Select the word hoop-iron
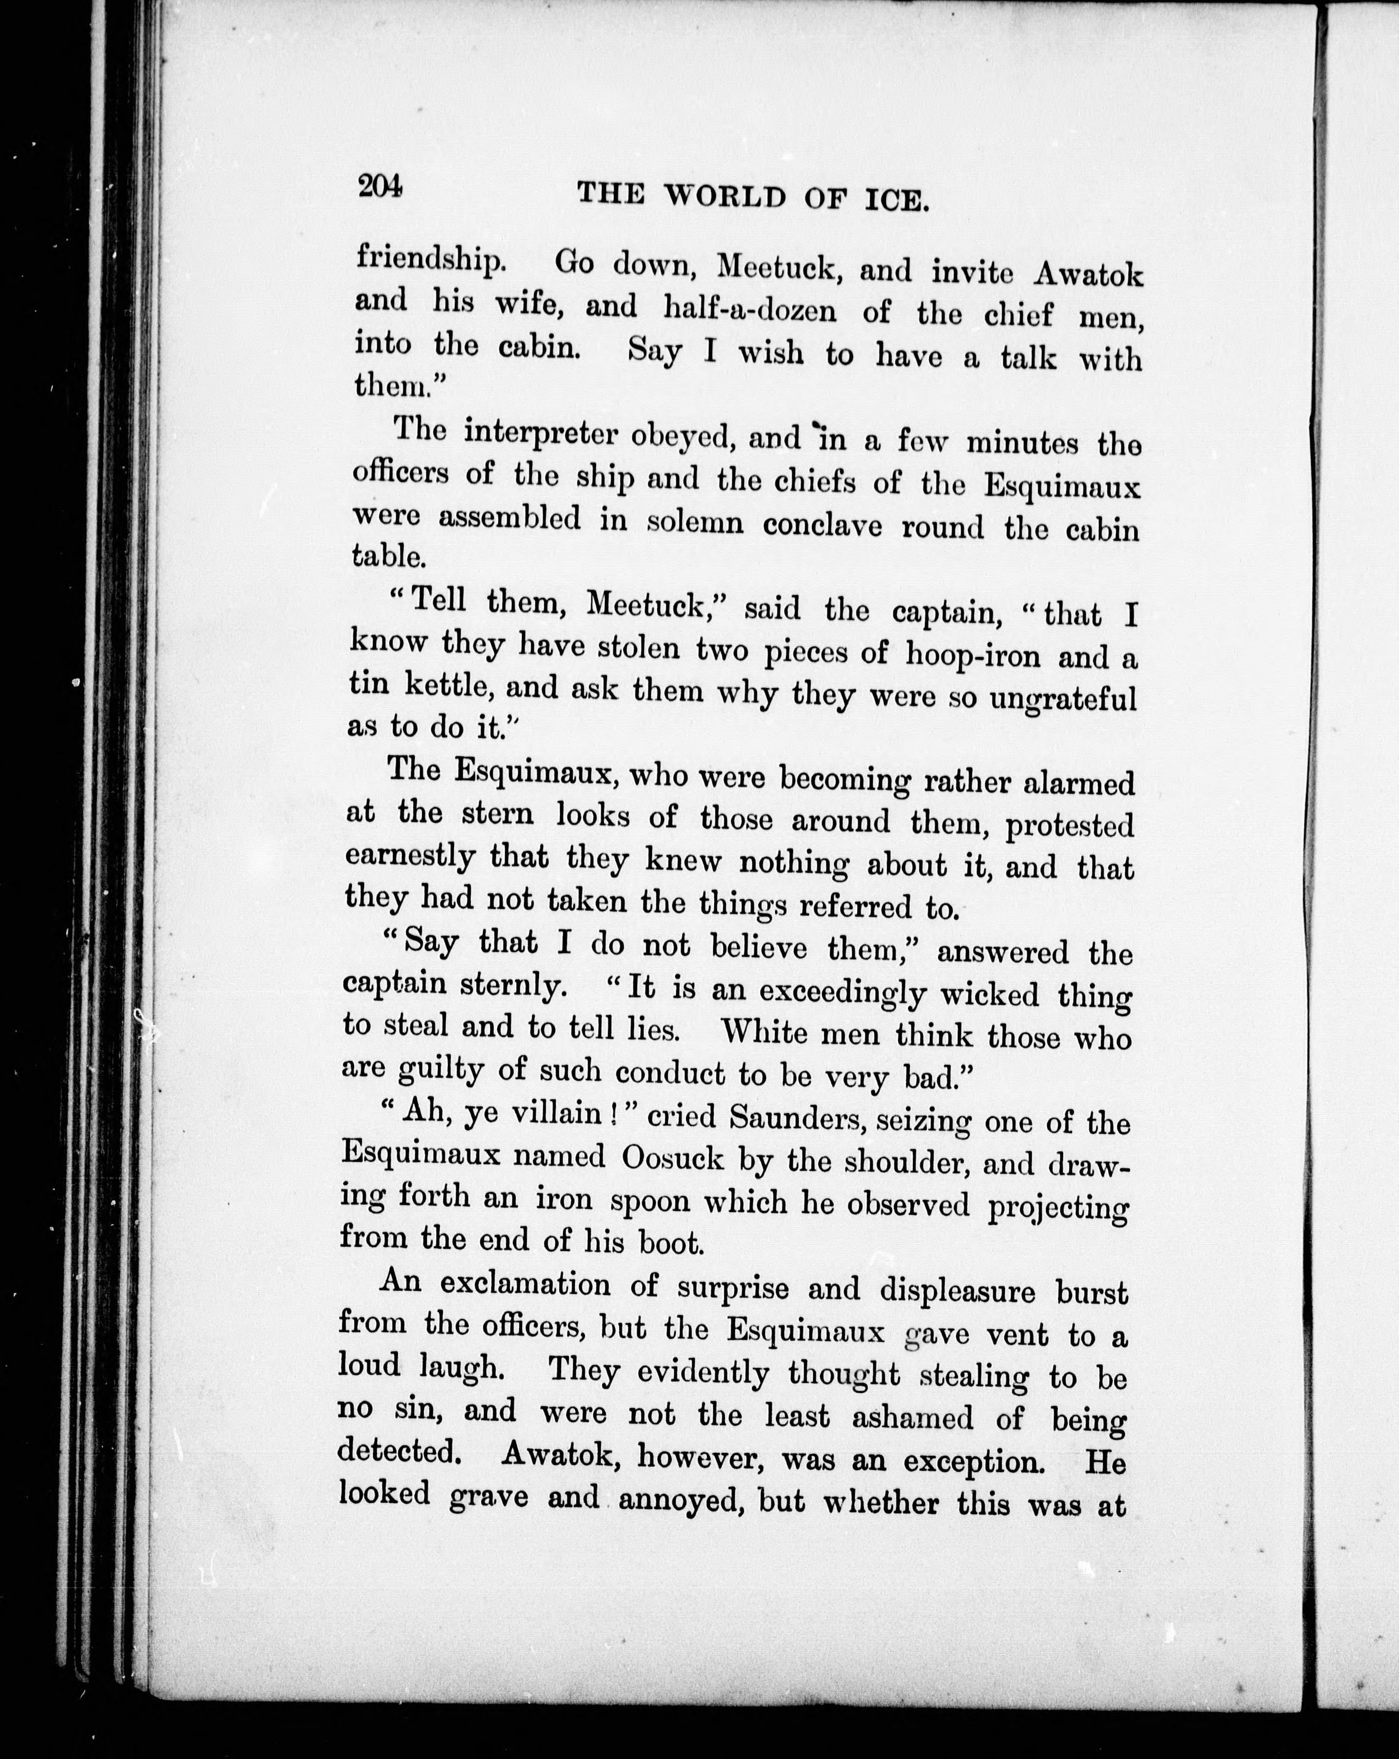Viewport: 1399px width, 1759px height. pyautogui.click(x=972, y=655)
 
